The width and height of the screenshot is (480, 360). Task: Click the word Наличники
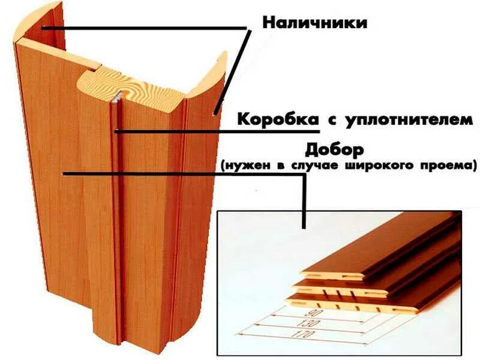pyautogui.click(x=315, y=23)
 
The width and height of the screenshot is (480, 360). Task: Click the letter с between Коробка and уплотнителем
pyautogui.click(x=329, y=119)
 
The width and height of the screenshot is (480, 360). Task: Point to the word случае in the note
pyautogui.click(x=331, y=163)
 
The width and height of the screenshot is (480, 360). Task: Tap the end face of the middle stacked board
pyautogui.click(x=324, y=287)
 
